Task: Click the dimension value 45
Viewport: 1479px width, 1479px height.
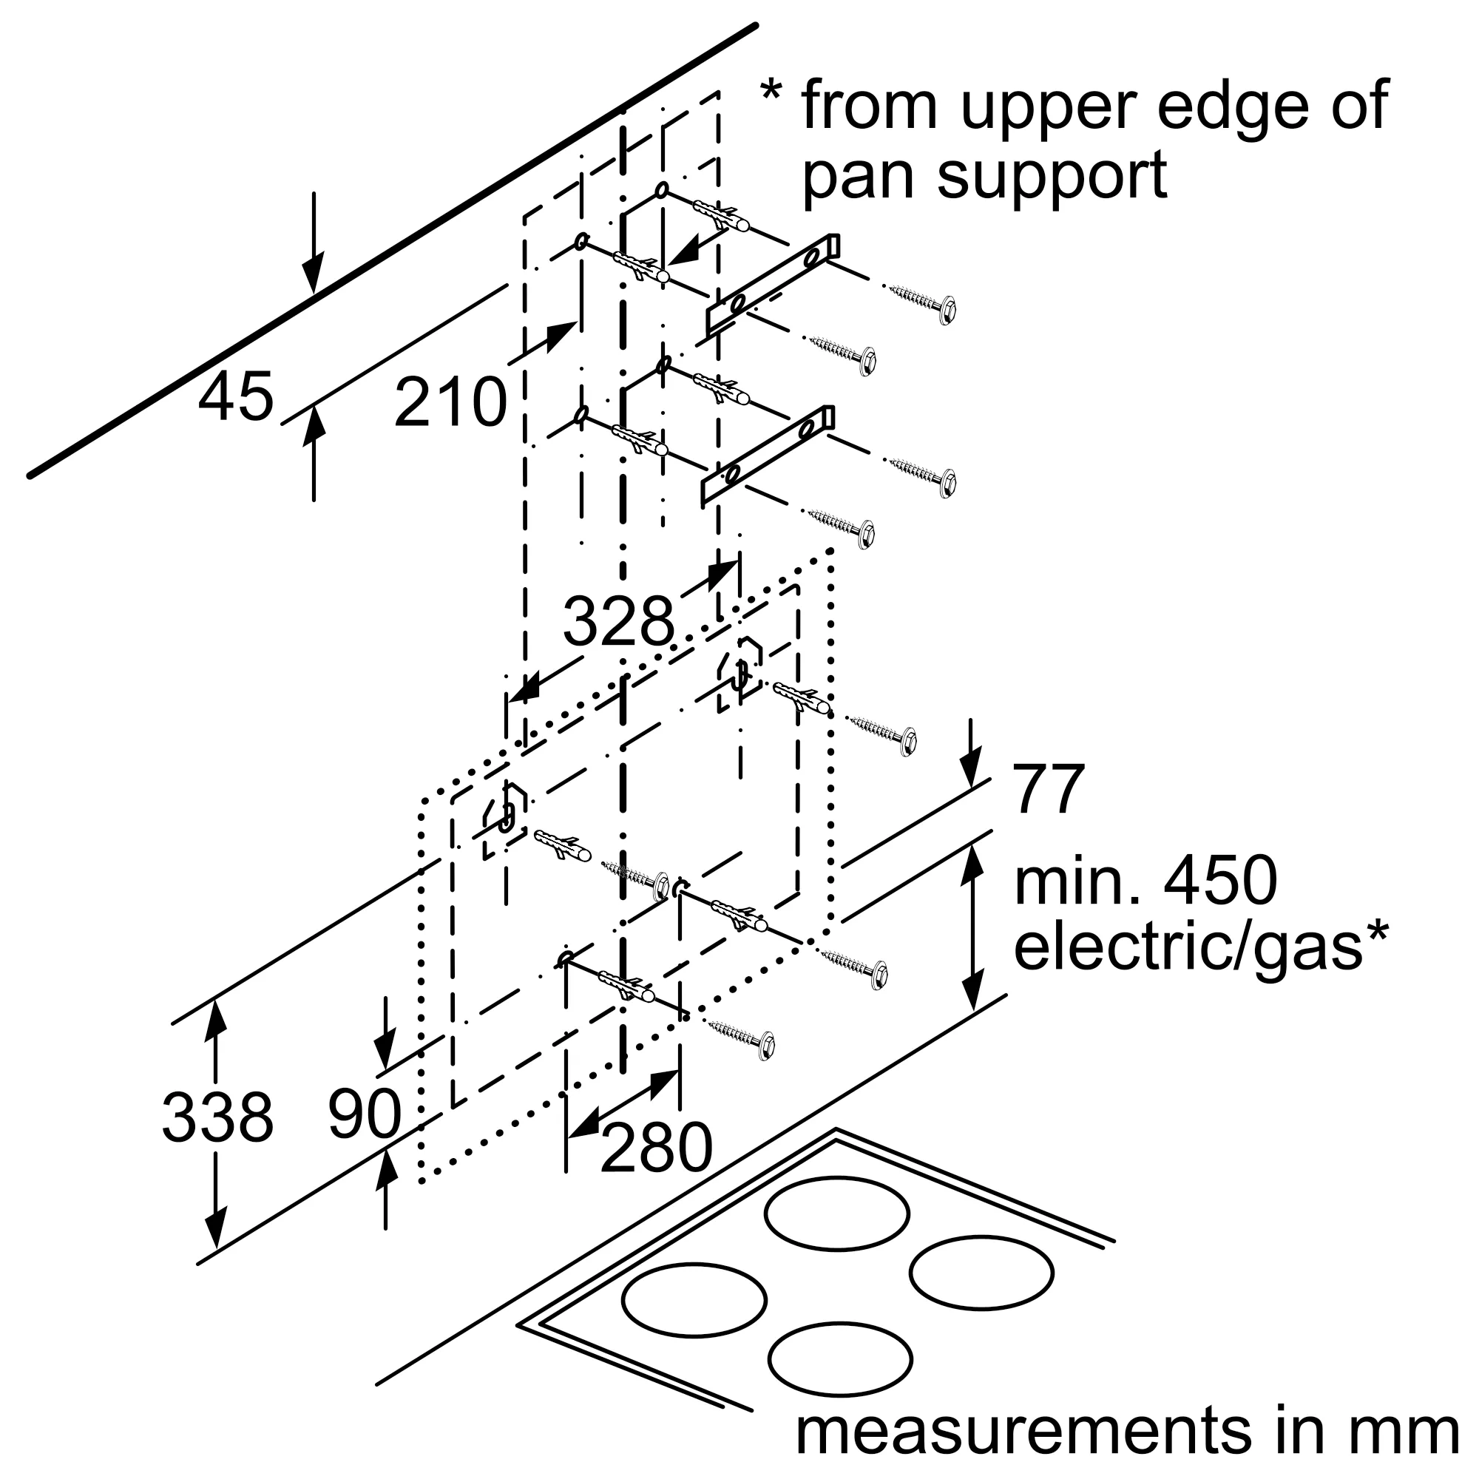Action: (235, 396)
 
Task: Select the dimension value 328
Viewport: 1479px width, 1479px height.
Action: (618, 622)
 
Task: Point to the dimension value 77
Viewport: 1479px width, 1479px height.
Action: (1048, 789)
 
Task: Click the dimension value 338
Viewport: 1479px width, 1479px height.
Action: (217, 1117)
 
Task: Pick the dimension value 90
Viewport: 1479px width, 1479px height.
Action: (365, 1114)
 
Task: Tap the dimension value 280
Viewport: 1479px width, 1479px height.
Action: (656, 1148)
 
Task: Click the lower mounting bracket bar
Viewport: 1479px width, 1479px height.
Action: (768, 456)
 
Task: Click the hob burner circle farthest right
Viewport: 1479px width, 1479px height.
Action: (981, 1272)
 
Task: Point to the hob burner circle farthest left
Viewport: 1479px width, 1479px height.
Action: (694, 1300)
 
